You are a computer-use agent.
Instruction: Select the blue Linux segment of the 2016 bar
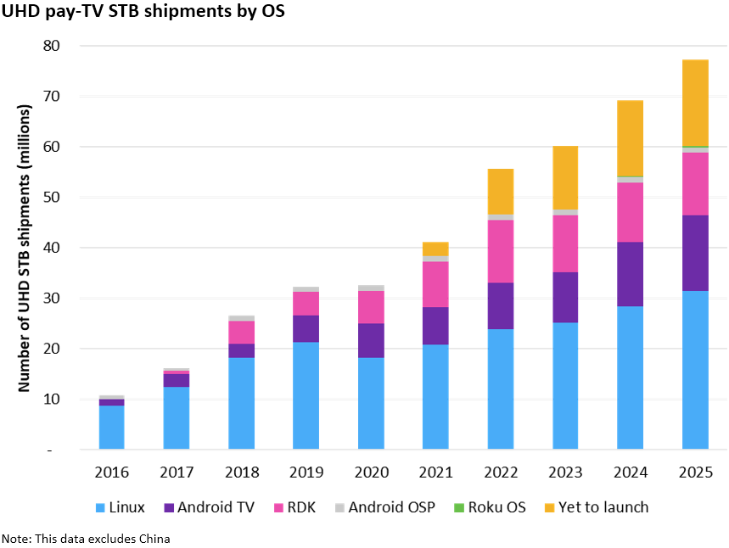click(111, 427)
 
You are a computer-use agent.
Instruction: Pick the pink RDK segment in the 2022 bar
click(500, 251)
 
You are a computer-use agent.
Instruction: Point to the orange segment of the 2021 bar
click(435, 249)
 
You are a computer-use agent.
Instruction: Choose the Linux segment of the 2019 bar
click(306, 395)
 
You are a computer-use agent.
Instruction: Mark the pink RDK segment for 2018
click(241, 333)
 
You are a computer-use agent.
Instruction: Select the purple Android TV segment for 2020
click(371, 340)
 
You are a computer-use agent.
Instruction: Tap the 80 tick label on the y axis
click(53, 46)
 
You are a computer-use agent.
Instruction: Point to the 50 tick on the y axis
click(53, 197)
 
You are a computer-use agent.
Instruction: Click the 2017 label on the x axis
click(177, 472)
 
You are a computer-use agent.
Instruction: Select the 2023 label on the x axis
click(565, 472)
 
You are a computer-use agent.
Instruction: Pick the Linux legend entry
click(118, 507)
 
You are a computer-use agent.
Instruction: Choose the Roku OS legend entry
click(496, 507)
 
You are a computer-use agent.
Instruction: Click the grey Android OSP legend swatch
click(339, 508)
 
